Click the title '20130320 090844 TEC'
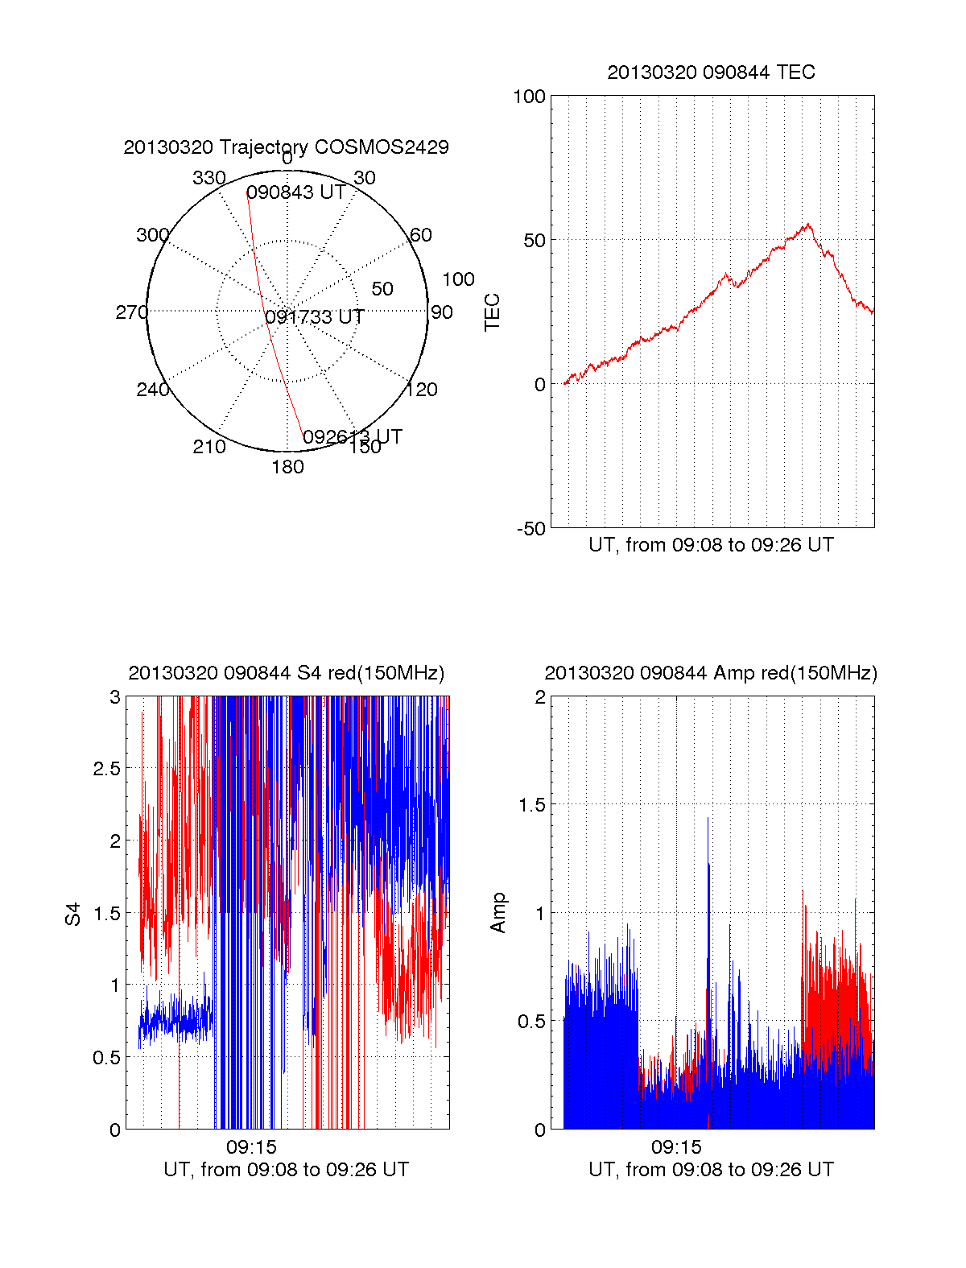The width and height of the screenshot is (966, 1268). point(711,72)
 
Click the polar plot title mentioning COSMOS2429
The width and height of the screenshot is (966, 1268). point(286,147)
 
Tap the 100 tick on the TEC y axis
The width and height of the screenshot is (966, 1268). point(529,97)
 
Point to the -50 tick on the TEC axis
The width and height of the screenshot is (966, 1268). point(530,529)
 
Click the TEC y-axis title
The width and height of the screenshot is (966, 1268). point(492,312)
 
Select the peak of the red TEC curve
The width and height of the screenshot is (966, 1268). point(808,225)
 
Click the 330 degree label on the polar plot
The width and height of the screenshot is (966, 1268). point(208,178)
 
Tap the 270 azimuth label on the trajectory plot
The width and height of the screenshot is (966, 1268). point(131,312)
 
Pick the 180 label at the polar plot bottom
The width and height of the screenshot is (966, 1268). point(287,467)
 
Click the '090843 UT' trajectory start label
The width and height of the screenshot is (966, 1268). point(295,192)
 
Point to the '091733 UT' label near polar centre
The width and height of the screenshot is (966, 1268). point(315,317)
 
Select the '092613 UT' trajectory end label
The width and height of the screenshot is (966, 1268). point(352,437)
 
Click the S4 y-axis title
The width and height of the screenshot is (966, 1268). point(73,914)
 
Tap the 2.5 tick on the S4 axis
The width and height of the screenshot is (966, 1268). point(106,769)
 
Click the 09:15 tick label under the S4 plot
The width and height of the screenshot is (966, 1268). point(251,1146)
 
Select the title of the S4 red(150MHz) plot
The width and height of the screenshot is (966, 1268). point(286,673)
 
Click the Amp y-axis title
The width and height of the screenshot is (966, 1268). point(498,913)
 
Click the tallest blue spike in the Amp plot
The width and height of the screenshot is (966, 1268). point(708,820)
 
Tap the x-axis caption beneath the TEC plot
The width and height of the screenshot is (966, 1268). point(711,545)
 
